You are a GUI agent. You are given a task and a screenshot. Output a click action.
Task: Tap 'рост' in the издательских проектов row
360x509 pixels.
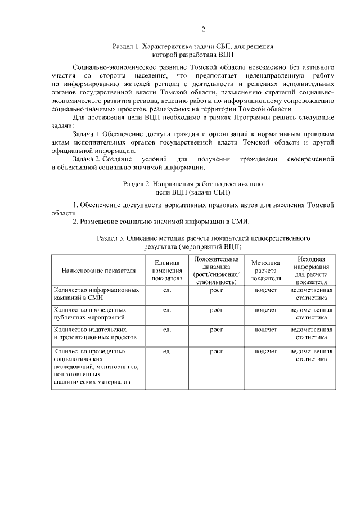[x=217, y=329]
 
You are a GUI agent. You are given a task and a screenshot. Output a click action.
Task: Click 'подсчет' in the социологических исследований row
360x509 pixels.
[x=265, y=351]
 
